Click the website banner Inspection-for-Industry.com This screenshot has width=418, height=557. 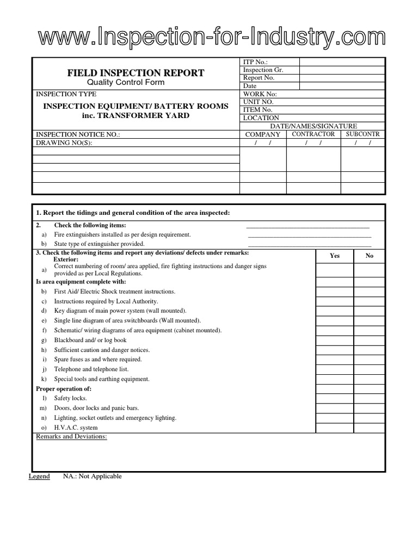pos(211,39)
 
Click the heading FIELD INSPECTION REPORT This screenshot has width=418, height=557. pos(136,73)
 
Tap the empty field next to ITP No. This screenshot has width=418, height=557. pos(342,61)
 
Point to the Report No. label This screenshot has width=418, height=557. pos(259,78)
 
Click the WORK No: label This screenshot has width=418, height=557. pos(260,94)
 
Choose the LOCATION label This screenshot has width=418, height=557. pos(261,118)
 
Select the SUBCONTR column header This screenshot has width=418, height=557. pos(362,134)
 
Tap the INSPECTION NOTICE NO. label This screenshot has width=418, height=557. pos(77,134)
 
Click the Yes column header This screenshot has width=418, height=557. pos(335,256)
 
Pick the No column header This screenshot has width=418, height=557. pos(370,256)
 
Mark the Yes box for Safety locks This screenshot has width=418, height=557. pos(335,398)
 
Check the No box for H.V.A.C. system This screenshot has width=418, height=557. pos(370,428)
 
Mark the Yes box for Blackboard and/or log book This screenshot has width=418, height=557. pos(335,341)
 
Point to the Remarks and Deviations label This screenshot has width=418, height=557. pos(71,437)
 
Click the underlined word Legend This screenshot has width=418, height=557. pos(39,476)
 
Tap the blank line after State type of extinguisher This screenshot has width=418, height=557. pos(310,244)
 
